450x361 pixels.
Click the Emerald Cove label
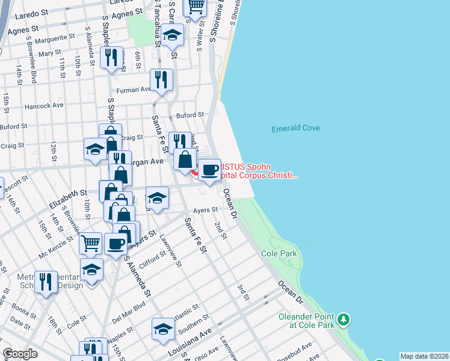[295, 128]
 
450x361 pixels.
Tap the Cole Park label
[279, 254]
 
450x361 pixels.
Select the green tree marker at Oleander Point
[344, 318]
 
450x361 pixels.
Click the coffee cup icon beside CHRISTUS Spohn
[209, 170]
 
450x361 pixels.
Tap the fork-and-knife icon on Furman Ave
[161, 80]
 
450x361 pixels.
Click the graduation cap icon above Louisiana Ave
[163, 329]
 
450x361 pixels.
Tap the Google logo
[20, 354]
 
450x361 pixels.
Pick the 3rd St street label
[242, 293]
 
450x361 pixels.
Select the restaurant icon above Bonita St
[46, 281]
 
